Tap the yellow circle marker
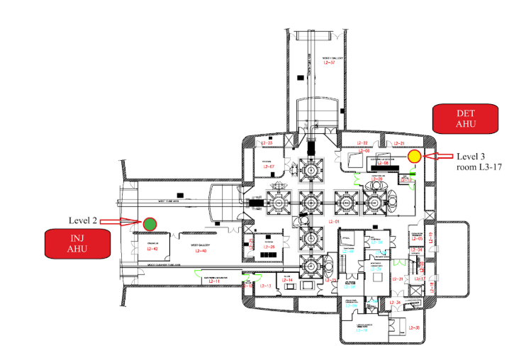415,156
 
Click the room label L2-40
200,251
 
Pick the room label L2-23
267,144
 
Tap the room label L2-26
269,247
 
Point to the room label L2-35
415,327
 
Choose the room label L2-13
266,286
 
